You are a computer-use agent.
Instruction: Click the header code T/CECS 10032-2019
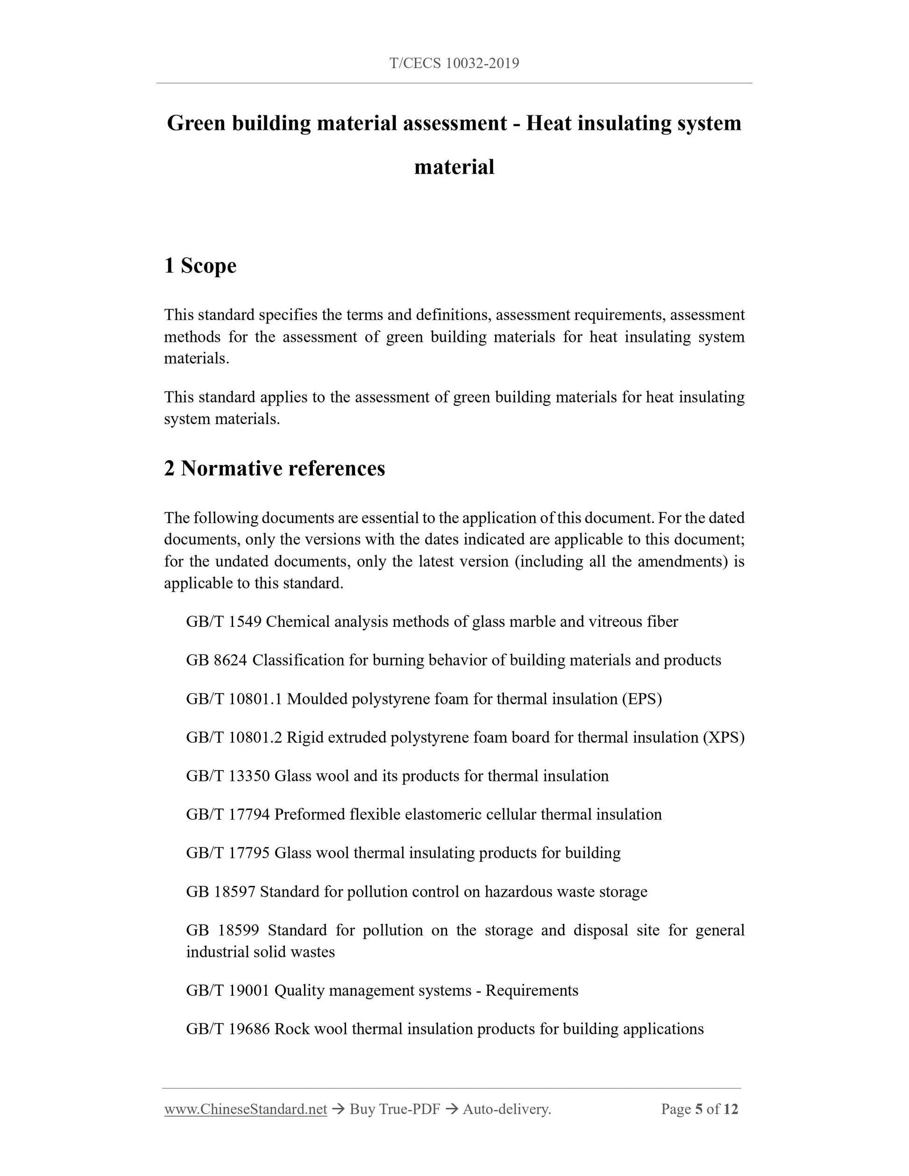click(454, 64)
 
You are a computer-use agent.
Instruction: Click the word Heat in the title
click(553, 123)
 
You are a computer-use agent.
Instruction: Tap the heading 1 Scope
click(200, 265)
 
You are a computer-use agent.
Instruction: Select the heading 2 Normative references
click(274, 468)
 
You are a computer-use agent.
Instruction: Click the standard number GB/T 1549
click(223, 622)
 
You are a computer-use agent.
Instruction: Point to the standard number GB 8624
click(216, 660)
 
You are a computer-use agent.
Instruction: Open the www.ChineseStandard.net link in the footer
click(246, 1109)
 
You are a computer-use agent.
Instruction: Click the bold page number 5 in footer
click(698, 1109)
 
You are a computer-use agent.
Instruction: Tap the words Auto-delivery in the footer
click(507, 1109)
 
